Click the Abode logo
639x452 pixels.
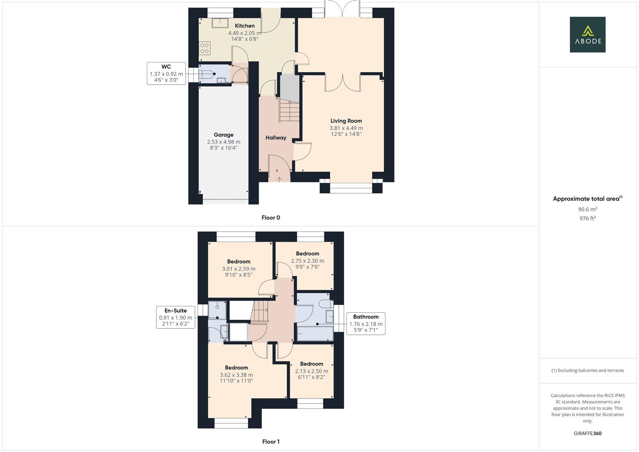(x=587, y=34)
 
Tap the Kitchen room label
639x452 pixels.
(x=244, y=26)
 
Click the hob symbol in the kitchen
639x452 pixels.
(x=204, y=48)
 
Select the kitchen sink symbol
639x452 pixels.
(x=219, y=22)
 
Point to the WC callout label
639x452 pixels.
(x=166, y=73)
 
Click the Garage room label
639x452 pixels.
(x=223, y=135)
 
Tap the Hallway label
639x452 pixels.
(x=276, y=138)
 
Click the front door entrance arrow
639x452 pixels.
(x=279, y=179)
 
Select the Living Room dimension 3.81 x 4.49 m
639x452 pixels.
(x=346, y=128)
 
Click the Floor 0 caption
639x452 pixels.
(x=271, y=218)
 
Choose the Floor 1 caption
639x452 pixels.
(x=271, y=442)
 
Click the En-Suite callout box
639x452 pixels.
(x=175, y=317)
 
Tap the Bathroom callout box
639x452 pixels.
(x=366, y=324)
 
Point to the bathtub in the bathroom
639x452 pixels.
(x=315, y=334)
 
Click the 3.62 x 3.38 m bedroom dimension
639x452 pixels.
(x=236, y=375)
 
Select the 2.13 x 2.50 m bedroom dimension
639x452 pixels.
(x=311, y=371)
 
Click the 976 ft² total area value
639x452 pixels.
(x=588, y=218)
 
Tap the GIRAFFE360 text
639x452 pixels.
(x=588, y=433)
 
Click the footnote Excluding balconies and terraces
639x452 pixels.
(x=588, y=370)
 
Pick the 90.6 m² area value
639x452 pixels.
(x=588, y=209)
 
